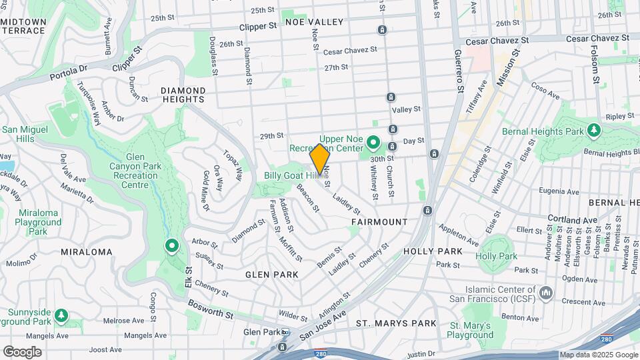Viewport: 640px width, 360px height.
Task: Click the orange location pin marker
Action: (320, 158)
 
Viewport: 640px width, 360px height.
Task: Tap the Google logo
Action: (22, 351)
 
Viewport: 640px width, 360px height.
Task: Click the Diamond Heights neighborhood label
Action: (183, 95)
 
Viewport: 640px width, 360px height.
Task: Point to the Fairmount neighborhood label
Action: (379, 221)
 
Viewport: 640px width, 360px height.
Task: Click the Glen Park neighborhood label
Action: (271, 275)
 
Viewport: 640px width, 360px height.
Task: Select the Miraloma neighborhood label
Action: (87, 252)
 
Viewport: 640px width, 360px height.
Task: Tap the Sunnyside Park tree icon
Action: (61, 314)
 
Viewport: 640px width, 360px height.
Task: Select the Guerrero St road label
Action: (459, 71)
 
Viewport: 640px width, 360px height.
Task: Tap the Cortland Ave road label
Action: (573, 219)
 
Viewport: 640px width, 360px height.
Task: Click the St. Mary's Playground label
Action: (471, 330)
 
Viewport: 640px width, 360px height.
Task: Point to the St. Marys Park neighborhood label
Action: (396, 323)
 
